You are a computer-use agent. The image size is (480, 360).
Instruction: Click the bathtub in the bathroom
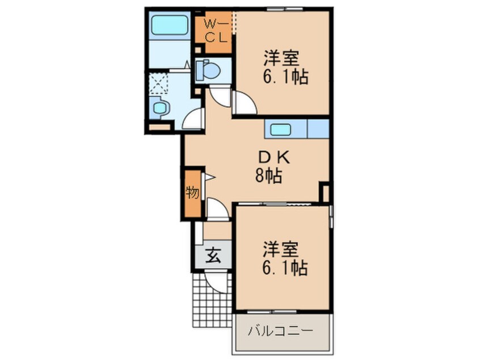tap(170, 26)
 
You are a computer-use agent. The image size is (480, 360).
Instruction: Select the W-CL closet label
tap(216, 31)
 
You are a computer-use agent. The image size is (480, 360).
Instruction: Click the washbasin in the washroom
tap(159, 108)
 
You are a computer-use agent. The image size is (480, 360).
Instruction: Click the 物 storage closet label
tap(192, 194)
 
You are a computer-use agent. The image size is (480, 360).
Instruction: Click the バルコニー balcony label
tap(281, 330)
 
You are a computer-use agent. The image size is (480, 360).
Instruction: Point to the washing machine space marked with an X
tap(160, 83)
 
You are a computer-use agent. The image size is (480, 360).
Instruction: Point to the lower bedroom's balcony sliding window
tap(282, 311)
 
